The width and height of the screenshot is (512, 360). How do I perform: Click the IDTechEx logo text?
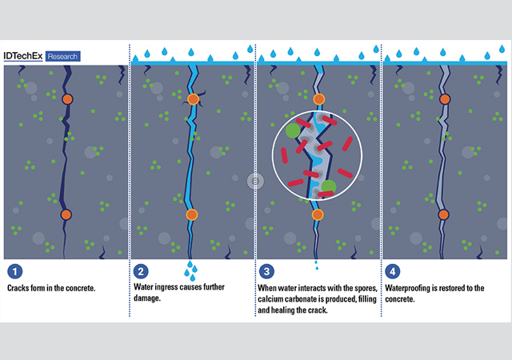[22, 57]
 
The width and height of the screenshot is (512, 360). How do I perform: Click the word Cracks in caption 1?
[20, 288]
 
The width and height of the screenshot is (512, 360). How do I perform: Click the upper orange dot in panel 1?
[66, 99]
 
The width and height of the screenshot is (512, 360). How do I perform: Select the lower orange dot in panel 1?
[66, 214]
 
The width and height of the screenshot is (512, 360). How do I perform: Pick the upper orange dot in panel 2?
[193, 99]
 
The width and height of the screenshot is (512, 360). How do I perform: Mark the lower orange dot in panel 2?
[192, 214]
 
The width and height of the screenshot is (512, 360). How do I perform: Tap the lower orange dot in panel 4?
[444, 214]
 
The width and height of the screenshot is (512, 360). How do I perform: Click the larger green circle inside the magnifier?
[294, 130]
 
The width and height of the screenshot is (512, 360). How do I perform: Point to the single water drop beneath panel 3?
[316, 263]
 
